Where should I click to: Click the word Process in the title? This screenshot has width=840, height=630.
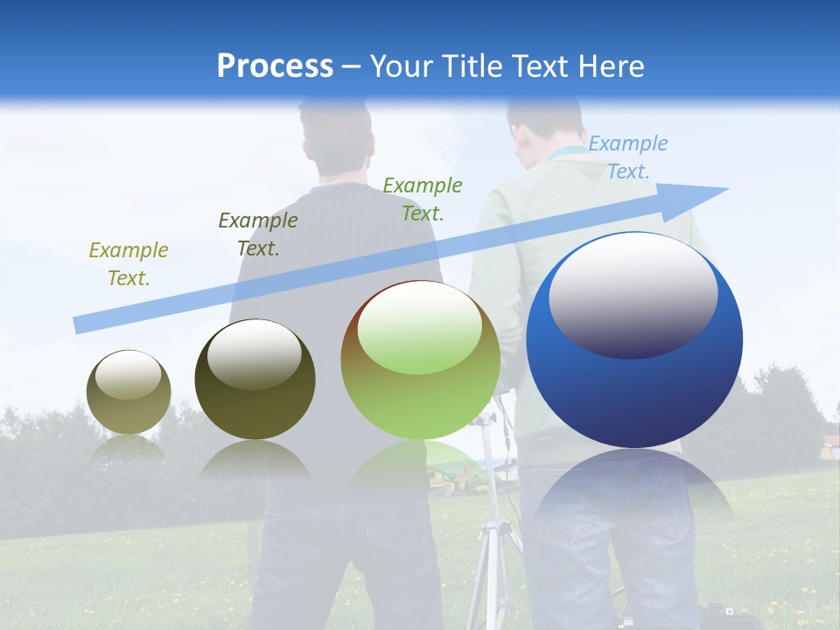pos(275,66)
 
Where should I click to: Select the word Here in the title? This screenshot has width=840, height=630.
pos(612,66)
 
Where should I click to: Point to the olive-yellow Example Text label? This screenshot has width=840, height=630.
pos(129,263)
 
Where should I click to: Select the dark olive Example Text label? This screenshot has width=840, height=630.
pos(258,234)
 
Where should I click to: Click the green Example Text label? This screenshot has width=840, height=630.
pos(423,199)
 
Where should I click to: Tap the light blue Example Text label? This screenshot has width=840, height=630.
pos(628,157)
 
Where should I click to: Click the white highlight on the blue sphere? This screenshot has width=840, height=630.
pos(633,293)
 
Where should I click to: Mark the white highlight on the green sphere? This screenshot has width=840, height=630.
pos(420,328)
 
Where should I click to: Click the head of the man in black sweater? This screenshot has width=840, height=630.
pos(337,136)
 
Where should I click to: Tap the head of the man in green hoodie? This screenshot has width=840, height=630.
pos(542,122)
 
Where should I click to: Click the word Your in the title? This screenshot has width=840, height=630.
pos(402,66)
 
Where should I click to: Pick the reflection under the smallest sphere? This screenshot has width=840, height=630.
pos(129,448)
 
